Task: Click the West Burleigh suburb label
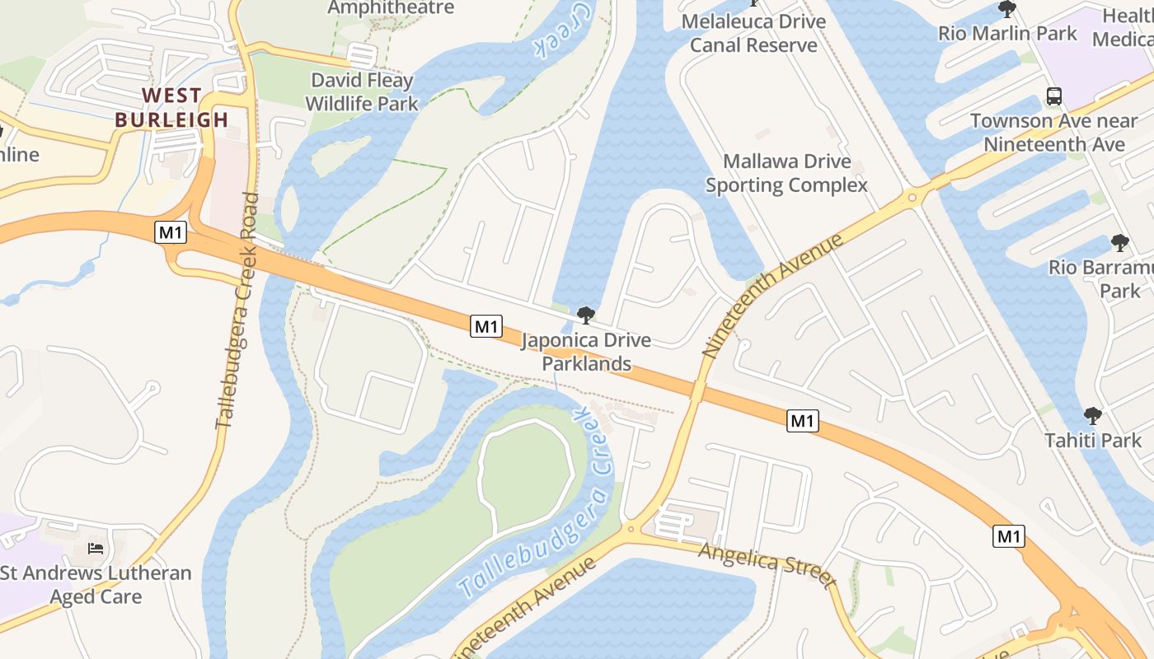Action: pyautogui.click(x=171, y=107)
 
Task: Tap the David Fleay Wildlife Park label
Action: pyautogui.click(x=362, y=92)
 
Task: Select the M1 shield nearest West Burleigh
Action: pyautogui.click(x=171, y=232)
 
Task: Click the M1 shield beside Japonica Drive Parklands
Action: pyautogui.click(x=486, y=326)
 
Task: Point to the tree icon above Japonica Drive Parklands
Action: pyautogui.click(x=585, y=315)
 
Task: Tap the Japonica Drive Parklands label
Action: pyautogui.click(x=586, y=352)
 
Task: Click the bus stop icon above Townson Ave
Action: pyautogui.click(x=1054, y=96)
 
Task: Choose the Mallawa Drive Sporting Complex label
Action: pyautogui.click(x=786, y=173)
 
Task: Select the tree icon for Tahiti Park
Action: pyautogui.click(x=1093, y=416)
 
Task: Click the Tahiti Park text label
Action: pyautogui.click(x=1093, y=441)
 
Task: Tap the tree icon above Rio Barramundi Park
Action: pyautogui.click(x=1119, y=243)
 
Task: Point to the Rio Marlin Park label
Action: pyautogui.click(x=1007, y=34)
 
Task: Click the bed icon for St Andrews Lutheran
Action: pyautogui.click(x=96, y=549)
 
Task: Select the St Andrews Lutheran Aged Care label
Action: pyautogui.click(x=96, y=585)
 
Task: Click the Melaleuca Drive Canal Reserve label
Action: pyautogui.click(x=753, y=33)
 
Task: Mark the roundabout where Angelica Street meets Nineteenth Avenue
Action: pyautogui.click(x=632, y=529)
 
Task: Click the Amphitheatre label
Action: pyautogui.click(x=391, y=7)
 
